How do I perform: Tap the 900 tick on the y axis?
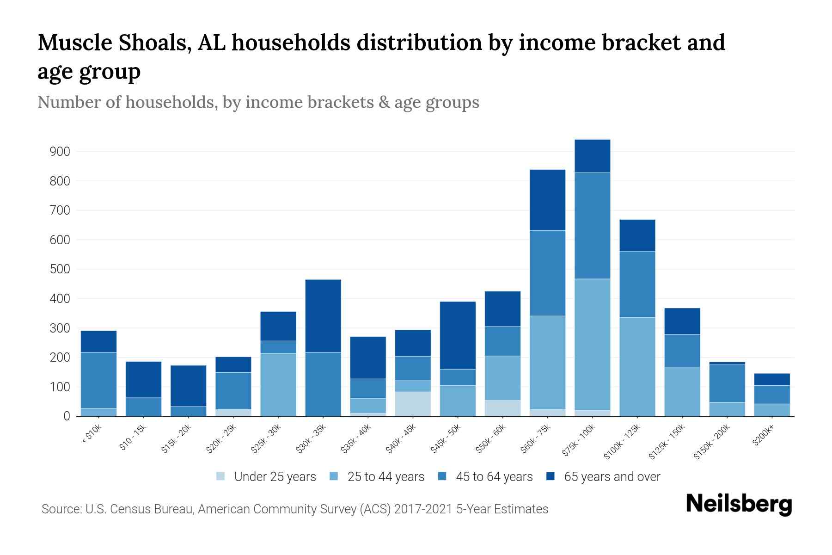point(60,152)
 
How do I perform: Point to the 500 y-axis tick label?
point(60,269)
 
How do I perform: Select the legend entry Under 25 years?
point(275,477)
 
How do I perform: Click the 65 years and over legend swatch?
point(551,476)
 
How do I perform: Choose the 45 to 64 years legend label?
point(494,477)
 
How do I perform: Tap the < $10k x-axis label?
point(92,435)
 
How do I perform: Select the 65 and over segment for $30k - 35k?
point(323,316)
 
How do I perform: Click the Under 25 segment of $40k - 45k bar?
point(413,404)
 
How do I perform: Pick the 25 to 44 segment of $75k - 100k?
point(592,344)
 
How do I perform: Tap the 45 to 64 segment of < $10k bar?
point(98,380)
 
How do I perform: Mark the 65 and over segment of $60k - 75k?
point(547,200)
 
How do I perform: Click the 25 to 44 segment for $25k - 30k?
point(278,385)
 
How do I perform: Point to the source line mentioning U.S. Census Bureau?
point(294,509)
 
